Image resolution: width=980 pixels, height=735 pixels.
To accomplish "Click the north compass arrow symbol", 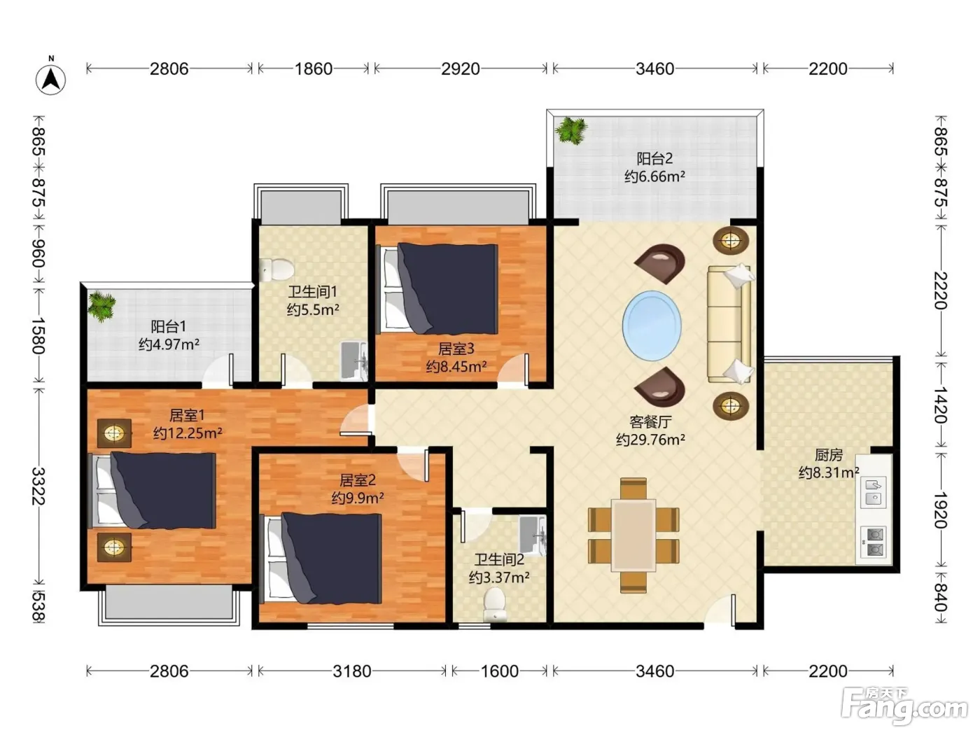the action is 51,79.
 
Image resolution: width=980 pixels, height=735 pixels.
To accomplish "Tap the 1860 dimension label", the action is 314,69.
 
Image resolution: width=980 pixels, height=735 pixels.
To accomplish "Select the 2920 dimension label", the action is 461,69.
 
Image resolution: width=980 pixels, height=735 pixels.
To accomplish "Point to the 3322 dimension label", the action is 38,486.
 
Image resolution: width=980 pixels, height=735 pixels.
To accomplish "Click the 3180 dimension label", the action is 352,671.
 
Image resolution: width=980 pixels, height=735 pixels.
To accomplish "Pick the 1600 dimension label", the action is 499,671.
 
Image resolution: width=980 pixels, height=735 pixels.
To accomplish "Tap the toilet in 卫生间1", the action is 276,269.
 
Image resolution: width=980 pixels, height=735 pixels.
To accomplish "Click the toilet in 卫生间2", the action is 495,604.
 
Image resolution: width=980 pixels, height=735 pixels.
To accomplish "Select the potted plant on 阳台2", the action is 570,130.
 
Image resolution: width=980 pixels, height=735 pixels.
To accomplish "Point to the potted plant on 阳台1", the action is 101,306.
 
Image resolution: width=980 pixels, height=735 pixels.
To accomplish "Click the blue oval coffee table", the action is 652,326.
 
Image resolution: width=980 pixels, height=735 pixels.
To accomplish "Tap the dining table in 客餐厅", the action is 633,535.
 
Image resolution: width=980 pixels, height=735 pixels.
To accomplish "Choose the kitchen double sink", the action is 874,491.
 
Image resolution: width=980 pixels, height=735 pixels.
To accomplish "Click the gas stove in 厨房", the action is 874,541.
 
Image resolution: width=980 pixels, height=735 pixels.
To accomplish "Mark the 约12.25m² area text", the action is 188,433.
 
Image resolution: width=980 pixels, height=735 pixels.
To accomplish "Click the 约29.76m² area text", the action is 650,440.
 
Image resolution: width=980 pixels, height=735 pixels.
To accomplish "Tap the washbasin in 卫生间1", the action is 354,361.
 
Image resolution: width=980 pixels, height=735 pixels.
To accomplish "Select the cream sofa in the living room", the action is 729,324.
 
